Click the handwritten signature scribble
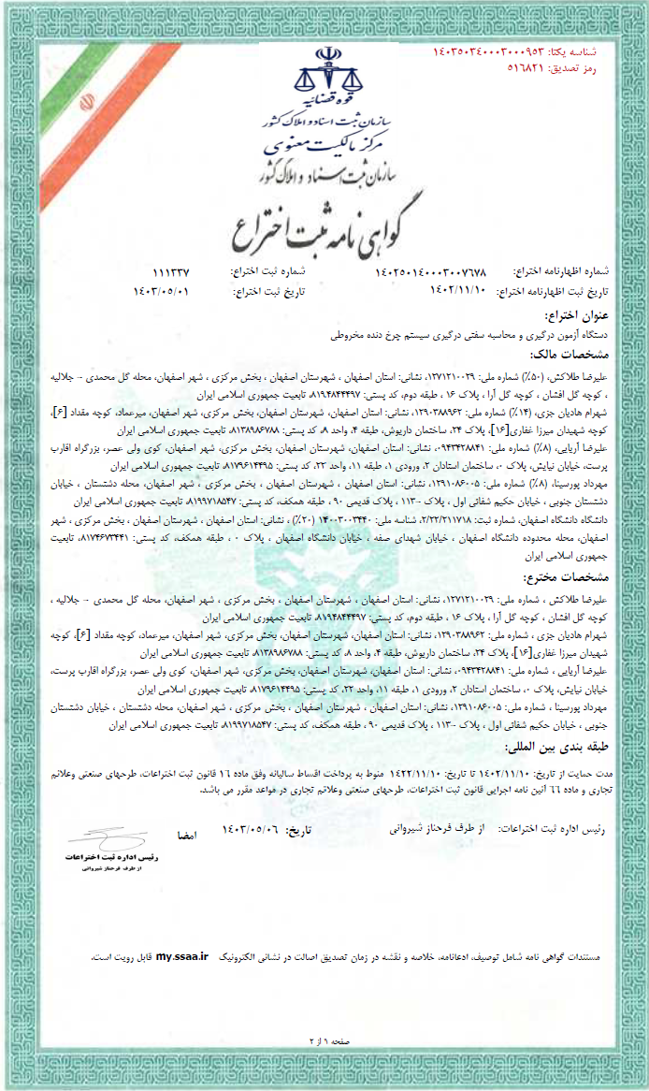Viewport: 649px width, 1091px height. [96, 836]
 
